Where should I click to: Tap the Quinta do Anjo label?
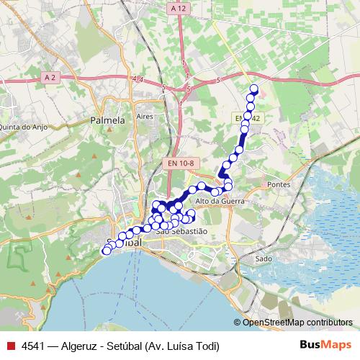point(21,127)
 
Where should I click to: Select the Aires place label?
point(145,115)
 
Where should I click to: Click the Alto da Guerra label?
point(220,202)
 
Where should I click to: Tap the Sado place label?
point(264,258)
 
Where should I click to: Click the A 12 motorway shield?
point(179,8)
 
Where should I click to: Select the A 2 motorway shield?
point(50,76)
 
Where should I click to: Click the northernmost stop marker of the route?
point(253,89)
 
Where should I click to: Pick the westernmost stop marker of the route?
point(107,251)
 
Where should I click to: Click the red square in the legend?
point(9,346)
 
